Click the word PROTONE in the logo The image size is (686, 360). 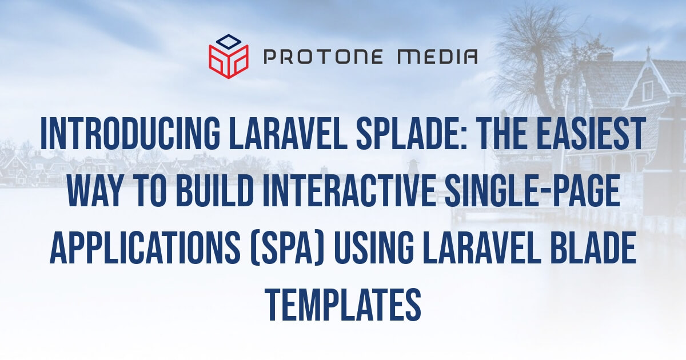tap(322, 56)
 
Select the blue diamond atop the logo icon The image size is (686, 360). tap(229, 41)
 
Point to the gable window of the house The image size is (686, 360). tap(647, 90)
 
